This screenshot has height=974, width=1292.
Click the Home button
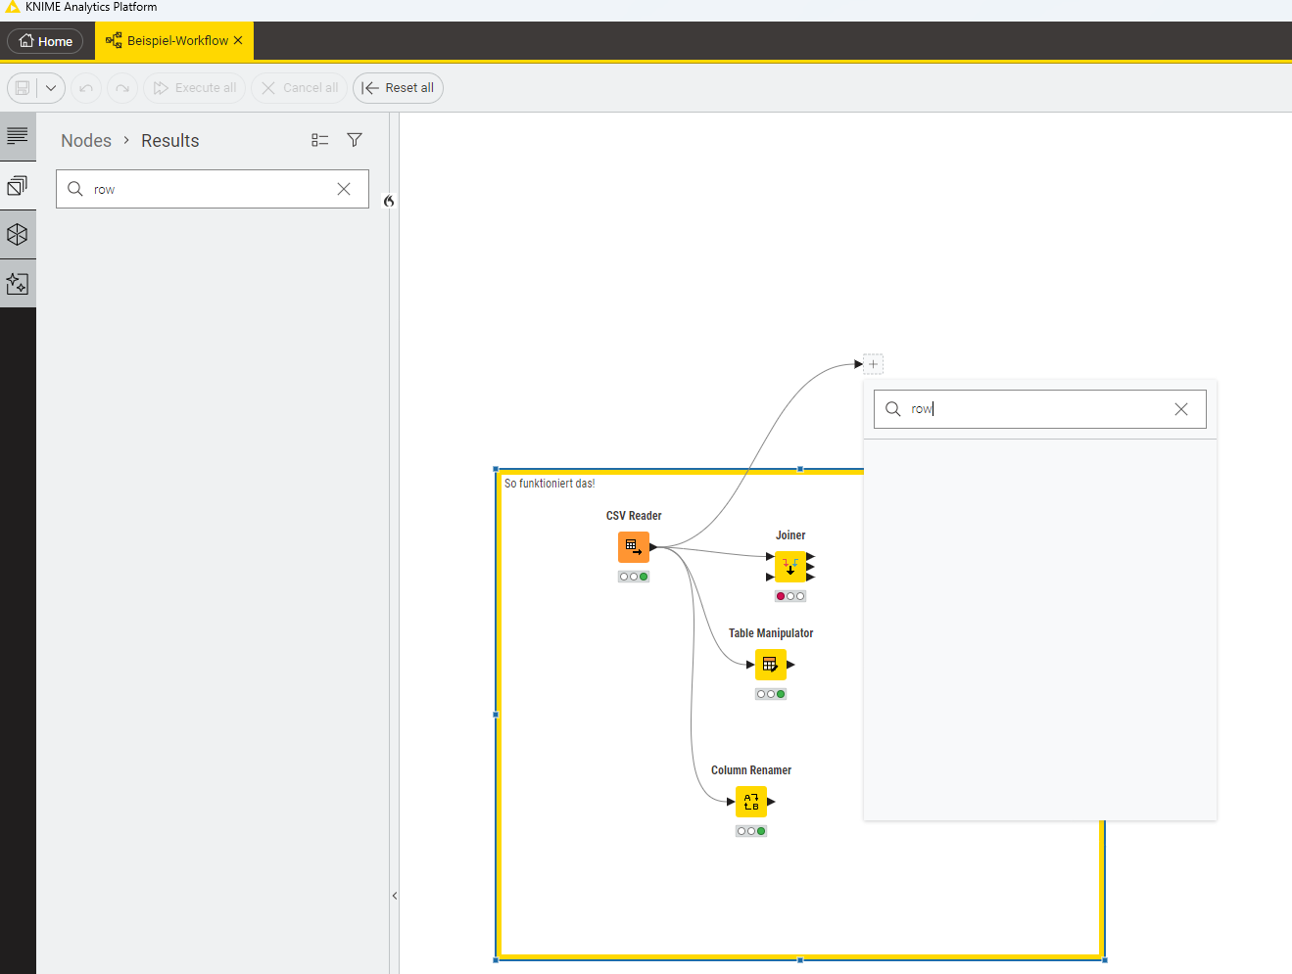pos(45,41)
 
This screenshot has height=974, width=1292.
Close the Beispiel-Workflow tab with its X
pos(238,40)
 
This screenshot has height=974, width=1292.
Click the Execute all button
pos(194,88)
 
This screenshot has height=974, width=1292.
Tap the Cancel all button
pos(299,88)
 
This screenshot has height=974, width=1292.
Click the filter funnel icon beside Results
pos(355,140)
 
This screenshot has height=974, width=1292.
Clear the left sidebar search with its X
pos(344,189)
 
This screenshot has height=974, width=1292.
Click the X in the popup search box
pos(1180,409)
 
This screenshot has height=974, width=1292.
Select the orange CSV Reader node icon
pos(634,547)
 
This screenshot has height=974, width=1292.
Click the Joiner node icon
pos(790,567)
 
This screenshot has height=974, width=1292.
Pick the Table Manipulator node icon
pos(771,665)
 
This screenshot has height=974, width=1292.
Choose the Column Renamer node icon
pos(751,802)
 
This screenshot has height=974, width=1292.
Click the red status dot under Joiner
pos(781,596)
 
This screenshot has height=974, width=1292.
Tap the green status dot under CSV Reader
pos(644,577)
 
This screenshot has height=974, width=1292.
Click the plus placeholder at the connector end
pos(873,364)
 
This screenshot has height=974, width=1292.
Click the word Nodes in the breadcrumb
pos(86,141)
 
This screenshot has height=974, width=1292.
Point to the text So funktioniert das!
pos(550,484)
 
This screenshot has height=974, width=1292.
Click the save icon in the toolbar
pos(23,88)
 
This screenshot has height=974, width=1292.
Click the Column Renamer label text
pos(751,770)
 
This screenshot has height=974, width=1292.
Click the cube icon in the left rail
pos(18,235)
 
